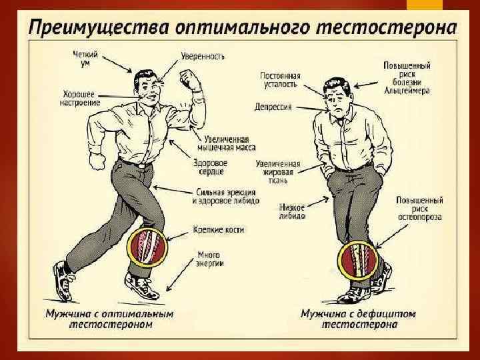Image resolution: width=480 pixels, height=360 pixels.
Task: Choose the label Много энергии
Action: [210, 259]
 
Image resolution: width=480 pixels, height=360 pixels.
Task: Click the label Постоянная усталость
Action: [280, 81]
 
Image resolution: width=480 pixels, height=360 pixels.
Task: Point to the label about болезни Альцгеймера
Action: [406, 77]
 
